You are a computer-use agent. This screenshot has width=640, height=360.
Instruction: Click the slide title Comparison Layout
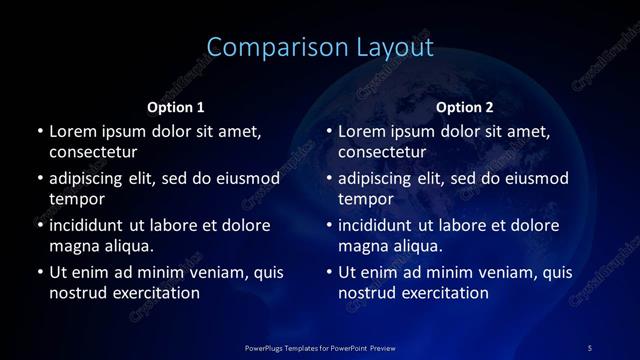[320, 47]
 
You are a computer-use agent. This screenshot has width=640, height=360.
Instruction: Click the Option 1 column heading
[176, 107]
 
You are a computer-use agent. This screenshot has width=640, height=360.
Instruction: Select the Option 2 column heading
[465, 107]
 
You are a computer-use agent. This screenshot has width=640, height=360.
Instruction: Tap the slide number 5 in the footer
[590, 347]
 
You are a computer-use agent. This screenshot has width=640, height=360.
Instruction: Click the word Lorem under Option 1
[73, 131]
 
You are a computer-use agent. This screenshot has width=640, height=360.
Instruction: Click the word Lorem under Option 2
[363, 131]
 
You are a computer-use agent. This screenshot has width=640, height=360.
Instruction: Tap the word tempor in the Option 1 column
[74, 199]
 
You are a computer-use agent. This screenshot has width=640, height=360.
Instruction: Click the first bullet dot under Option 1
[39, 131]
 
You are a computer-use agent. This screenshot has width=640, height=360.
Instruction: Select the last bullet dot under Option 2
[329, 271]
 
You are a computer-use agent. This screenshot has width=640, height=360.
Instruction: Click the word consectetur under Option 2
[382, 153]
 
